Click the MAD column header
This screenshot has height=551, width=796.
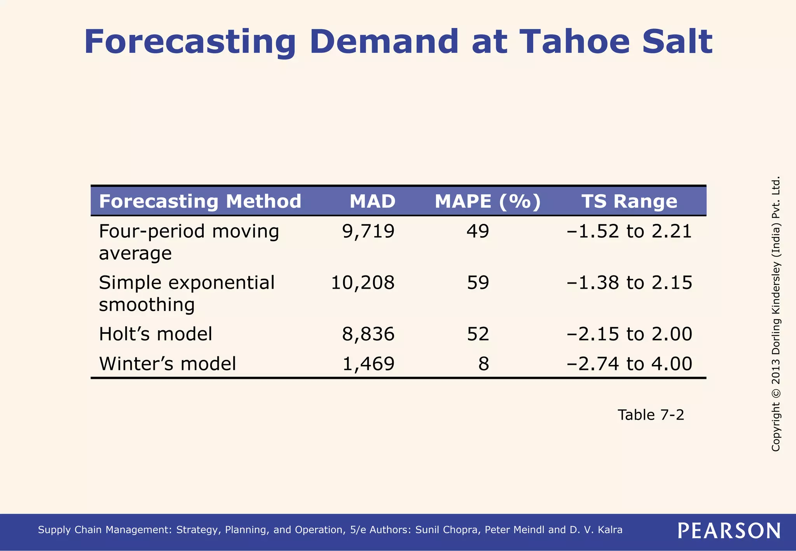(x=372, y=201)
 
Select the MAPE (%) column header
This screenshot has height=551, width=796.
(x=487, y=201)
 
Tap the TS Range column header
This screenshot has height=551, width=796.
(x=629, y=201)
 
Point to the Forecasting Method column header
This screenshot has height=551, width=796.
(x=200, y=201)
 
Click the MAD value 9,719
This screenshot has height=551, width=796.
(x=368, y=231)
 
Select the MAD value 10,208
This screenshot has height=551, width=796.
(x=362, y=282)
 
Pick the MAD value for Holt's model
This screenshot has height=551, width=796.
(x=368, y=334)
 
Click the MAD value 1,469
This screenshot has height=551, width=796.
(x=368, y=364)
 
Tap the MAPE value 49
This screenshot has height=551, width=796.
(x=478, y=231)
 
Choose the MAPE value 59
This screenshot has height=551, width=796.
(x=478, y=282)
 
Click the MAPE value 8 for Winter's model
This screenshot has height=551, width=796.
(x=484, y=364)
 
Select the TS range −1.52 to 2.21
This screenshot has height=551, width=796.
(x=629, y=231)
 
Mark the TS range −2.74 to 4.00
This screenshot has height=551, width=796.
(x=629, y=364)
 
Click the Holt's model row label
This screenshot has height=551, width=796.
(x=155, y=334)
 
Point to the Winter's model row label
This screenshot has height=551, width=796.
(x=168, y=364)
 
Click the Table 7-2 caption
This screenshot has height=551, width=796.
(x=651, y=415)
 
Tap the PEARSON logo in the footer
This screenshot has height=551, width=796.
(x=729, y=530)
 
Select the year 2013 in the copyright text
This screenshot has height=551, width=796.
(x=775, y=368)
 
